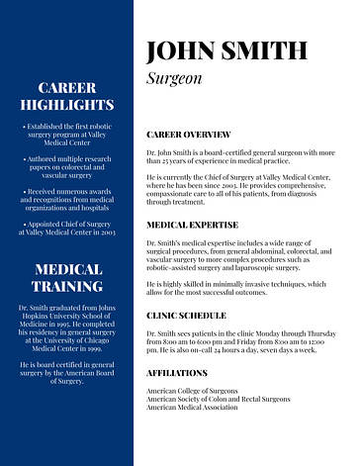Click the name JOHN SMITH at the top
pos(225,50)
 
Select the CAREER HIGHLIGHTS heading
pos(67,96)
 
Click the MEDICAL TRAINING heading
pos(67,278)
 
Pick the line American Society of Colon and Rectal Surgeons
pos(219,399)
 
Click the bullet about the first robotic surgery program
pos(67,135)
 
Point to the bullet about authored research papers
pos(67,166)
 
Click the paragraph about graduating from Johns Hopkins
pos(67,328)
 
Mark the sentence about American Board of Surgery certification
pos(67,372)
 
